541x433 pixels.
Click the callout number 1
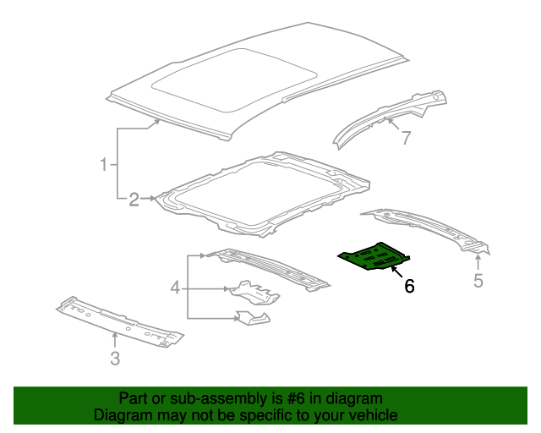(105, 164)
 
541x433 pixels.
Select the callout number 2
(134, 200)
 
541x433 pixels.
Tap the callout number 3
(115, 359)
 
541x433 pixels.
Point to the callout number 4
(175, 289)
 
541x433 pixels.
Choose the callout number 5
(478, 281)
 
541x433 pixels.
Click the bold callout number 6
(409, 287)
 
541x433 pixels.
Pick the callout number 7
(406, 138)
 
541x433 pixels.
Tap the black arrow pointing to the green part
(396, 271)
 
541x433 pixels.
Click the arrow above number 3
(116, 338)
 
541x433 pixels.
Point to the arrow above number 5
(478, 260)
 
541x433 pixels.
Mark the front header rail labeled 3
(118, 321)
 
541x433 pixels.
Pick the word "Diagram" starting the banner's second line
(121, 415)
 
